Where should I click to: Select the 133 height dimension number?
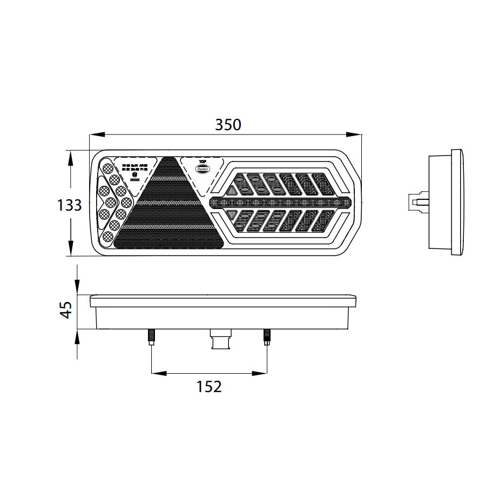pos(70,205)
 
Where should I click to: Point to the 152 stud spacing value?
pos(209,387)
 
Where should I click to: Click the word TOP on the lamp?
pos(203,161)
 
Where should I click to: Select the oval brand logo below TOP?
pos(203,168)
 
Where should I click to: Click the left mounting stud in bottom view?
pos(151,338)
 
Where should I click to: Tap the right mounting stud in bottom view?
pos(266,338)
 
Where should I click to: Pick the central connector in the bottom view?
pos(220,340)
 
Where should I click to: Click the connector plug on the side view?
pos(417,203)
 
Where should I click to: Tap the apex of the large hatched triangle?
pos(167,158)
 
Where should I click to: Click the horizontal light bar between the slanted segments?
pos(278,203)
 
